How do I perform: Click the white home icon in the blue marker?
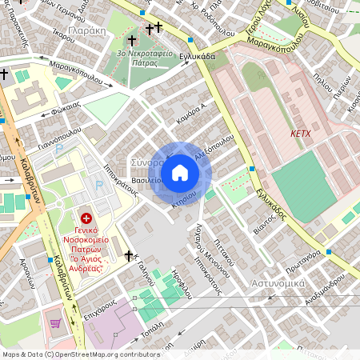pyautogui.click(x=180, y=173)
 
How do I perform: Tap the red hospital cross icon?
pyautogui.click(x=86, y=218)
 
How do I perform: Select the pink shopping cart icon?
pyautogui.click(x=55, y=323)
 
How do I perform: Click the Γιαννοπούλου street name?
pyautogui.click(x=59, y=132)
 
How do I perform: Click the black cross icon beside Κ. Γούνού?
pyautogui.click(x=129, y=255)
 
